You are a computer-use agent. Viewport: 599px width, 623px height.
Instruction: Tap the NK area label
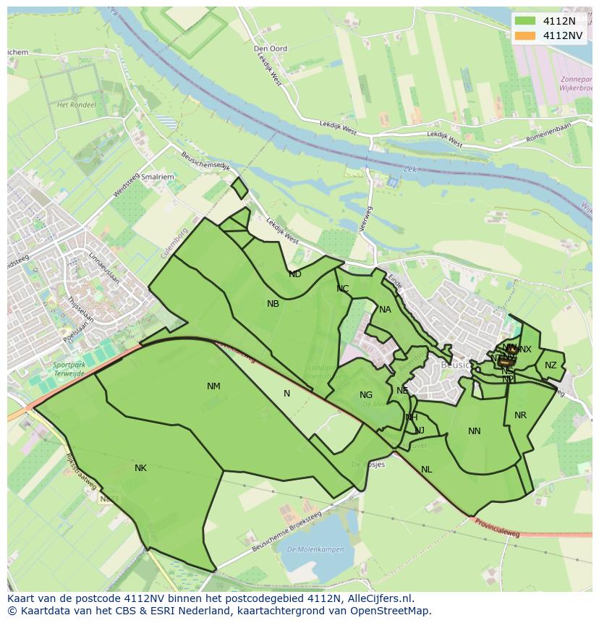pos(140,468)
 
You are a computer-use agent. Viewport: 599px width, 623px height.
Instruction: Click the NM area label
pos(213,386)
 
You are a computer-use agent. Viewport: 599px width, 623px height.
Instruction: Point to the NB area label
pos(273,304)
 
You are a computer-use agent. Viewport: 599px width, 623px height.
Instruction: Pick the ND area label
pos(294,274)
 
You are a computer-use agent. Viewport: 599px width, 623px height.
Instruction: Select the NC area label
pos(342,289)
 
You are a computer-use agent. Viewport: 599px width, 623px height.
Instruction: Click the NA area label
pos(385,310)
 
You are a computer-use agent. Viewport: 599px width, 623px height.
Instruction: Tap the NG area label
pos(366,395)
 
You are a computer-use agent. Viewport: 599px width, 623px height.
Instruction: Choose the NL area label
pos(427,470)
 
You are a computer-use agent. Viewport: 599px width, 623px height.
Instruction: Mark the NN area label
pos(475,431)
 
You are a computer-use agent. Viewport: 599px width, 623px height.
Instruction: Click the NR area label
pos(520,415)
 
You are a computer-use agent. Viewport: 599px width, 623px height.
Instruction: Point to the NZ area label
pos(551,365)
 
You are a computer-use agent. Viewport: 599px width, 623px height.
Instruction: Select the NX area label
pos(525,349)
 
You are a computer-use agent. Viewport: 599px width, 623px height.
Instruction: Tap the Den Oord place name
pos(271,48)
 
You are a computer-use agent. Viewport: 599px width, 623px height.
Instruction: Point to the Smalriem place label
pos(158,176)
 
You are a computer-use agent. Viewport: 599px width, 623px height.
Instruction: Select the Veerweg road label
pos(365,219)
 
